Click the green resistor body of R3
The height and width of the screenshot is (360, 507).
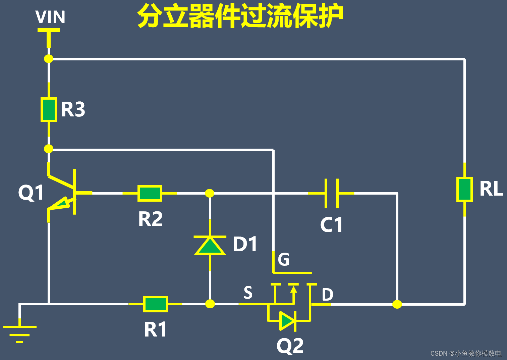point(49,110)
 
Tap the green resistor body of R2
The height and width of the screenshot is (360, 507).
point(150,193)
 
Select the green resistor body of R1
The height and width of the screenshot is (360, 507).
point(156,304)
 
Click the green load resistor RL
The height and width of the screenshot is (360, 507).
point(464,189)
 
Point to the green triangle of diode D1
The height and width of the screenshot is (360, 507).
point(210,246)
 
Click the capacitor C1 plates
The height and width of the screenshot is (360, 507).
point(331,193)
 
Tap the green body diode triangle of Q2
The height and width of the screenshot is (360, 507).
point(287,321)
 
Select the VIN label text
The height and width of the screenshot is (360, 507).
point(50,17)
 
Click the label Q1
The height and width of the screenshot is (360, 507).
point(31,193)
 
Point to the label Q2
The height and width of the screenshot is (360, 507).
point(290,346)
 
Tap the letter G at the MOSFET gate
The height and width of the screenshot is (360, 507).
point(284,259)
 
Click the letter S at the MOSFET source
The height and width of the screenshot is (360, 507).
point(248,293)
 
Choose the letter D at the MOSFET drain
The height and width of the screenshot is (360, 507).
point(327,295)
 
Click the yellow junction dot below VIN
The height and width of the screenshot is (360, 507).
point(49,59)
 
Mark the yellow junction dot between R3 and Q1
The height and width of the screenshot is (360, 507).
point(49,149)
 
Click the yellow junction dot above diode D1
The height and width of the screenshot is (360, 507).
point(210,193)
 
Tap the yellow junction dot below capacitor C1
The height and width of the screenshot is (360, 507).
point(397,304)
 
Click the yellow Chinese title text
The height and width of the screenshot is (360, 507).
point(240,16)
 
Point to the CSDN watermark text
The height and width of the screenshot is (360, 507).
point(466,353)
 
